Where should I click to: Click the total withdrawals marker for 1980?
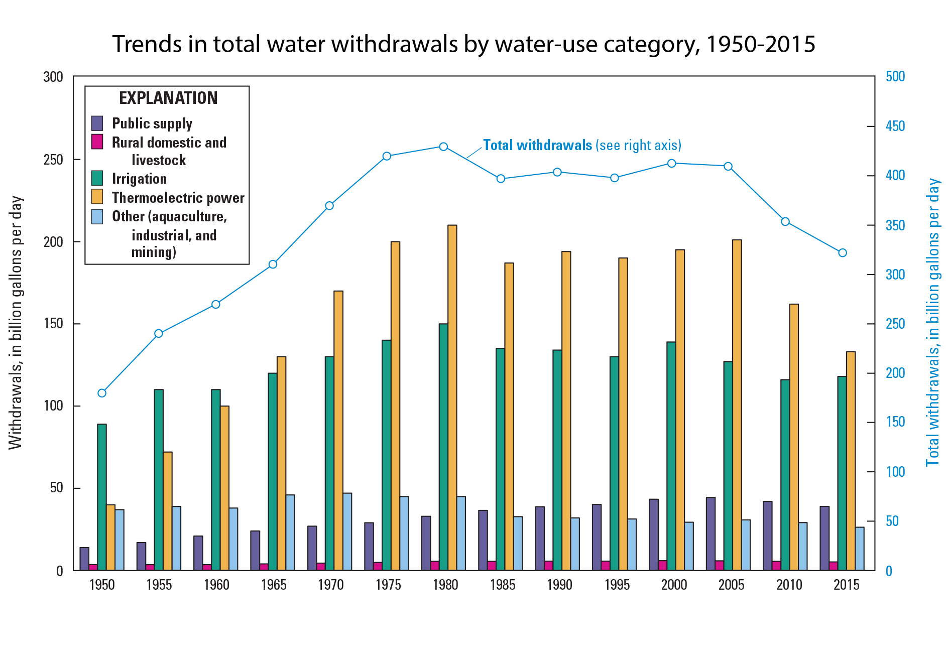[x=443, y=147]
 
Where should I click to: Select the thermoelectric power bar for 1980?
[x=452, y=396]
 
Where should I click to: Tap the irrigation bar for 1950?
[x=102, y=497]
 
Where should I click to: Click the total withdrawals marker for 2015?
[x=843, y=253]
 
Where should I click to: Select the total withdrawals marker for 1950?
[x=102, y=393]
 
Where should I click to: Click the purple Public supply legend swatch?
[x=97, y=123]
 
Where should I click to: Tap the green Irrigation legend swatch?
[x=97, y=178]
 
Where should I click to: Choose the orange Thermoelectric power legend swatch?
[x=97, y=197]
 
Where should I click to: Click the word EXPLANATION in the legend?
[x=168, y=98]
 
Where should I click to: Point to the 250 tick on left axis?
[x=53, y=160]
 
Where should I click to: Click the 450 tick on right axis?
[x=895, y=126]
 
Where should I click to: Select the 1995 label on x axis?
[x=617, y=584]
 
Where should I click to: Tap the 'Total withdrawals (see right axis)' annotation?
[x=581, y=146]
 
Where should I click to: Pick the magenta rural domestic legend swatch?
[x=97, y=142]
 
